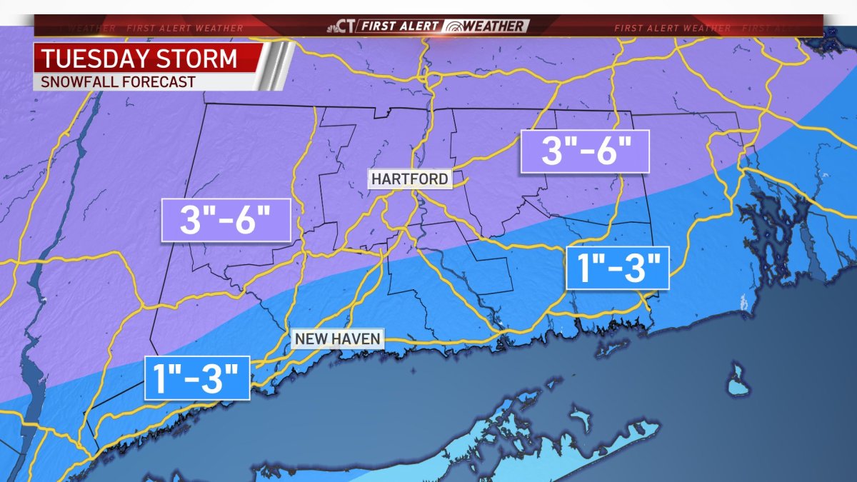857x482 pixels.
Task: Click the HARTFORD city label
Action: click(410, 179)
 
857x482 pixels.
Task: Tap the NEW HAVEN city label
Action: click(338, 338)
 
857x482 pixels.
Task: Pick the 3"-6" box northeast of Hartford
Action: click(584, 151)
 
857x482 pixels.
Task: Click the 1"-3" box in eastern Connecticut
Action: click(617, 268)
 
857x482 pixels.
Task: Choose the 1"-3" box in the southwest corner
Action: click(197, 377)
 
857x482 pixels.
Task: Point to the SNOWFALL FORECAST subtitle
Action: click(118, 82)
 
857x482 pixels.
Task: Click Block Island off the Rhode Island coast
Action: click(738, 381)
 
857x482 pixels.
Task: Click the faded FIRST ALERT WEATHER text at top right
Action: click(671, 29)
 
